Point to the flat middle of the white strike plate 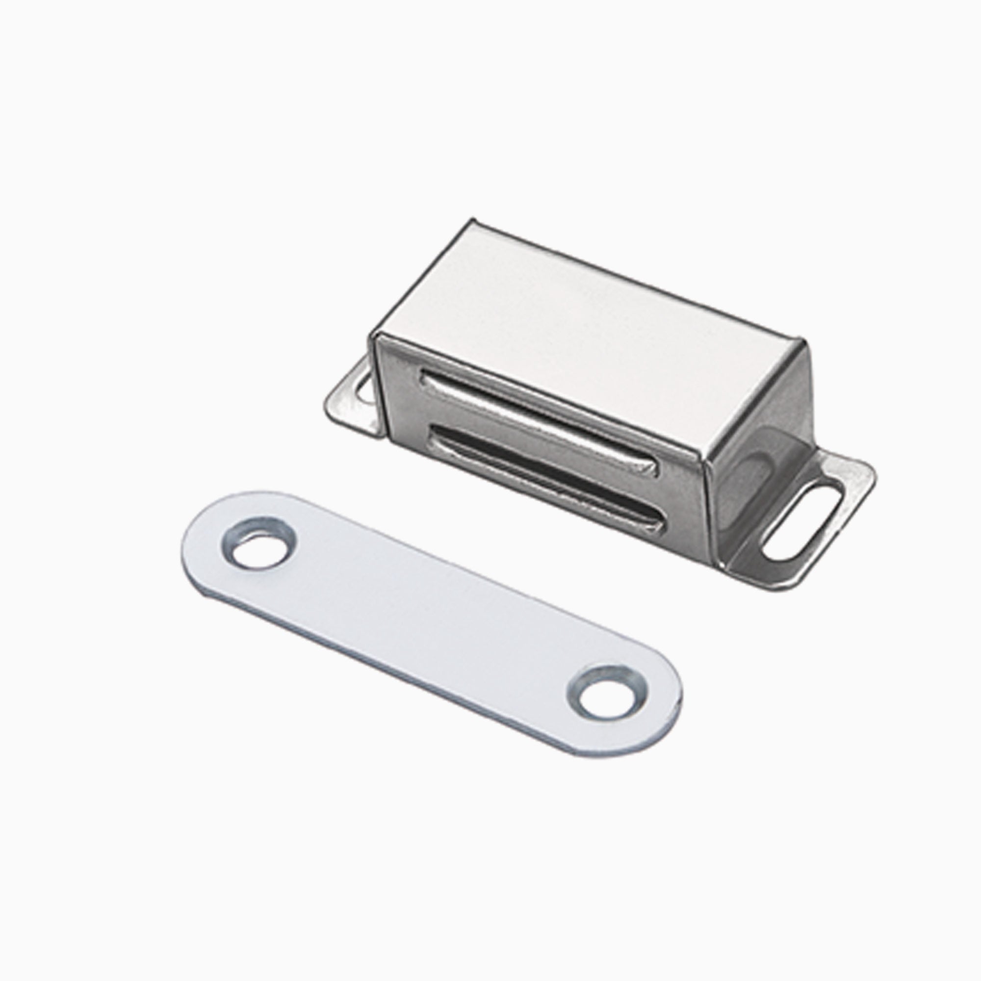pos(432,624)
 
